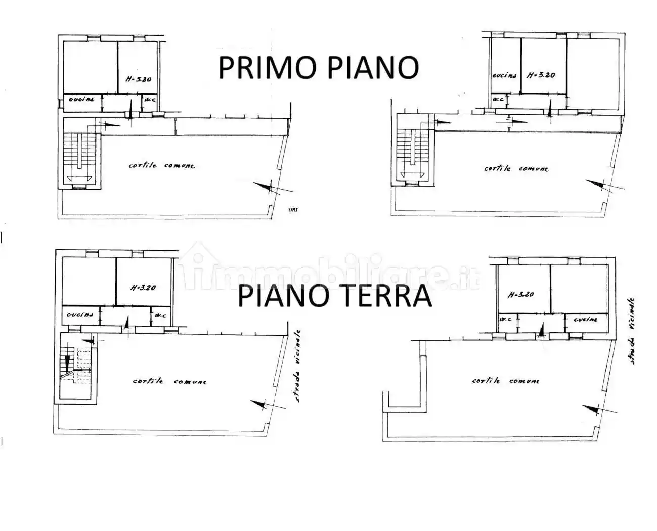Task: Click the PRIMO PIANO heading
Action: tap(319, 67)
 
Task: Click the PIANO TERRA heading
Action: tap(335, 297)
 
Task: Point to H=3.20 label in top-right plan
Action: tap(541, 75)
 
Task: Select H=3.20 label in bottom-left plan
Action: tap(143, 288)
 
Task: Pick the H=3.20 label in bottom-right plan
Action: tap(520, 294)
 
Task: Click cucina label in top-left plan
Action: tap(82, 100)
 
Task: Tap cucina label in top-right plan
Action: tap(504, 75)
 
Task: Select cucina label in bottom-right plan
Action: tap(586, 320)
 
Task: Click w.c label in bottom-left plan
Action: tap(161, 316)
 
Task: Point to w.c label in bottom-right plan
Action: tap(504, 320)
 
